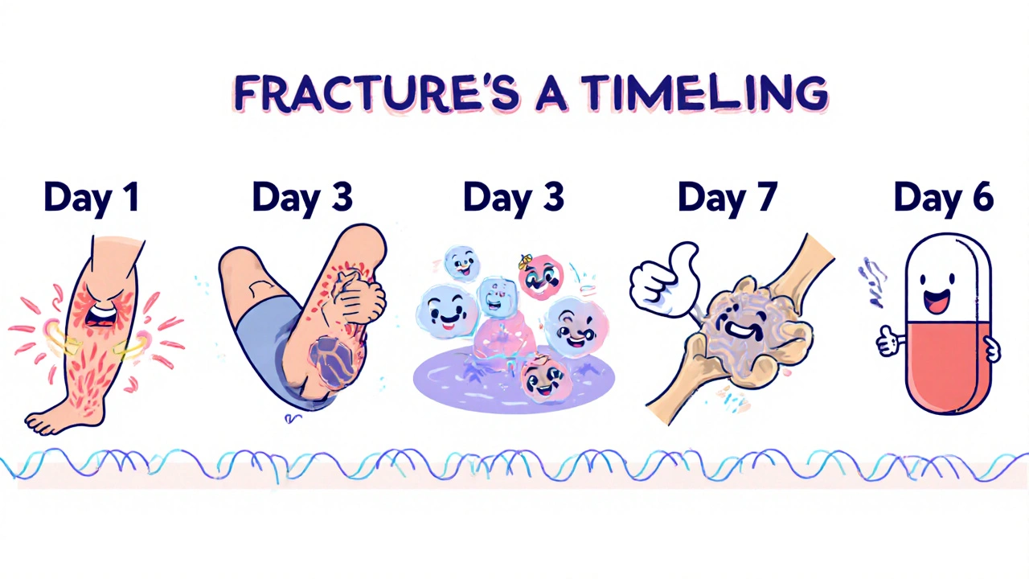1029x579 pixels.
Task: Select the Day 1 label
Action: [x=91, y=197]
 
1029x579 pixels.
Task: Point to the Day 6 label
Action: [x=944, y=197]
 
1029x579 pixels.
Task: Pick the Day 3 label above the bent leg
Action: [x=302, y=197]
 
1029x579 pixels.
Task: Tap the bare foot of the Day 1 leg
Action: [x=56, y=418]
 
